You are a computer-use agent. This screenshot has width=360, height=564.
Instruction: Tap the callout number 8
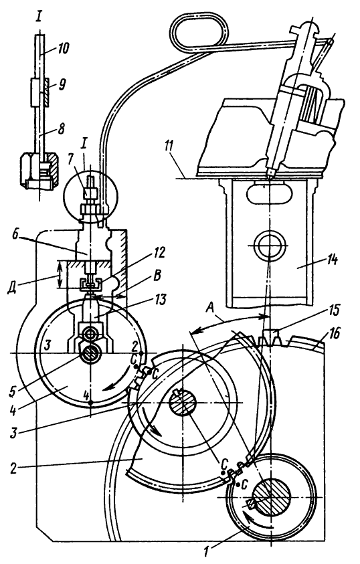point(62,128)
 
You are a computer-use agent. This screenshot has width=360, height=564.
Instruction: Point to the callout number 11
point(169,147)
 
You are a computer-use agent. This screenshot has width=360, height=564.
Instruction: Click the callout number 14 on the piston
point(331,260)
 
